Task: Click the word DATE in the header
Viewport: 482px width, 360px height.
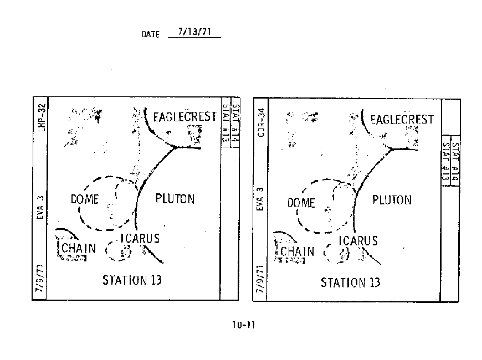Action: (x=151, y=34)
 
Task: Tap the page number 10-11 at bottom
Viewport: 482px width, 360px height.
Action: (x=244, y=325)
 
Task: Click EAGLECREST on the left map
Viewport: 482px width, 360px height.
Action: (x=184, y=117)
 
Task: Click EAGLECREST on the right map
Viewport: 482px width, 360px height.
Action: (x=402, y=119)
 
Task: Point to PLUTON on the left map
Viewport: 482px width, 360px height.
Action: (x=175, y=198)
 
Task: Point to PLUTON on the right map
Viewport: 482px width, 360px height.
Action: (x=392, y=199)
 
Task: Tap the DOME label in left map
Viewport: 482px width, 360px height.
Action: (x=84, y=199)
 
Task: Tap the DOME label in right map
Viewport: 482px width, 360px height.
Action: (x=301, y=203)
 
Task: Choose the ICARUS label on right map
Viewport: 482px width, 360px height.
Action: (x=358, y=240)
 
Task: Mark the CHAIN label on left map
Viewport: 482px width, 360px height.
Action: (x=78, y=248)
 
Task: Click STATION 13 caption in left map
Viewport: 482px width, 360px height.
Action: (x=132, y=280)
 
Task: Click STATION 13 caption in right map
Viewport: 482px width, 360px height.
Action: (x=351, y=282)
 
